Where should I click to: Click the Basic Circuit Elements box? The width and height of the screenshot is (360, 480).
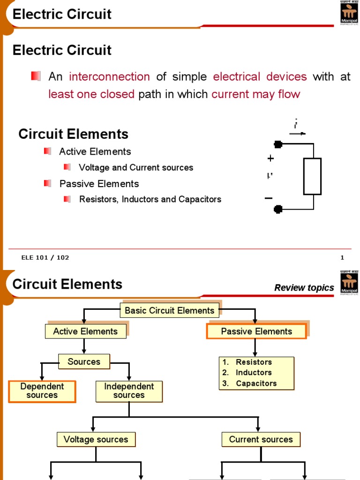point(169,310)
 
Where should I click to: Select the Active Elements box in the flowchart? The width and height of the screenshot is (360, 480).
point(85,331)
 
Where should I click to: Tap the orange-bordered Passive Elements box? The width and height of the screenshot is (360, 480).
point(256,331)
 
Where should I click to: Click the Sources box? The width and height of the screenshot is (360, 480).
point(84,361)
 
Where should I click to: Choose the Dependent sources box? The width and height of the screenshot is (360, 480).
point(42,391)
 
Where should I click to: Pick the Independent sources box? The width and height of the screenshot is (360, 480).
point(129,391)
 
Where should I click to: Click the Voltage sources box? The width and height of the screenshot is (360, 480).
point(96,439)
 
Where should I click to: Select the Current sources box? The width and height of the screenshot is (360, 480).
point(261,439)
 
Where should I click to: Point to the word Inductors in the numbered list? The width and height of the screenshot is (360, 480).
point(254,373)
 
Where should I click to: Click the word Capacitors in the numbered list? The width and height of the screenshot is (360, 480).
point(256,383)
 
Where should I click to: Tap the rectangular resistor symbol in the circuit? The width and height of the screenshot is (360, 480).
point(312,176)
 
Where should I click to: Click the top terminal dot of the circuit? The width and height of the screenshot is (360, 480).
point(278,144)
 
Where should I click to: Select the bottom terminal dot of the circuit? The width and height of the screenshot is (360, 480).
point(278,209)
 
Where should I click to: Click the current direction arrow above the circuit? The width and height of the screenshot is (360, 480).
point(297,134)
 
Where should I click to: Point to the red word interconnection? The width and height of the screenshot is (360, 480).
point(109,77)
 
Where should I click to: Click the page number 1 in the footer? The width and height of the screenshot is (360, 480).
point(342,257)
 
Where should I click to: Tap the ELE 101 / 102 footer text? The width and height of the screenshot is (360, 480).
point(45,257)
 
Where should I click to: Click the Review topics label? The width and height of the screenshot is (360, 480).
point(304,288)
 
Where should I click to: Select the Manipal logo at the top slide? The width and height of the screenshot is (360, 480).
point(348,14)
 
